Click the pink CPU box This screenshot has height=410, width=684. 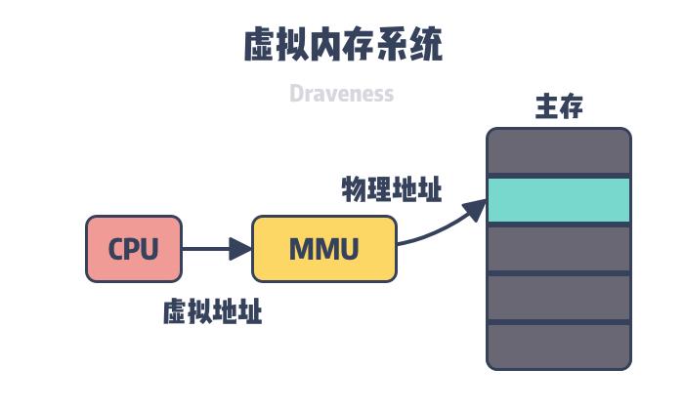(134, 249)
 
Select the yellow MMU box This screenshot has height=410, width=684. (324, 249)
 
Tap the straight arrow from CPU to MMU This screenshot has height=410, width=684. (210, 249)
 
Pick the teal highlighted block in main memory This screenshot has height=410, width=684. (559, 200)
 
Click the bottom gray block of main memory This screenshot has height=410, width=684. (559, 347)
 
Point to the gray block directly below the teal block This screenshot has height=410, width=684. (559, 249)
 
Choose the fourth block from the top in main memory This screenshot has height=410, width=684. (559, 298)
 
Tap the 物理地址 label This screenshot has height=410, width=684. (391, 189)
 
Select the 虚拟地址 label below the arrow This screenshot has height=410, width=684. (212, 312)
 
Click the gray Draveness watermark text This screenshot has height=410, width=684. (341, 94)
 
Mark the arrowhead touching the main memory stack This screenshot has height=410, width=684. (476, 208)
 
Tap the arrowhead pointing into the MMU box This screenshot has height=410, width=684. (240, 249)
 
